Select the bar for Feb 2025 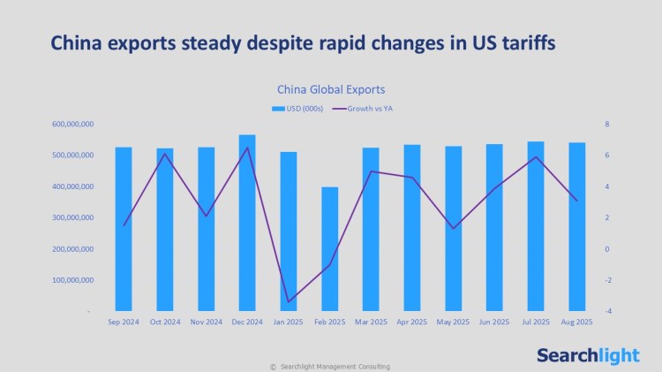tap(329, 249)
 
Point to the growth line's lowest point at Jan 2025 tap(288, 302)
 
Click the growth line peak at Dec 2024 tap(247, 148)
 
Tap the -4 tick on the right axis tap(607, 312)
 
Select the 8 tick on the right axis tap(607, 125)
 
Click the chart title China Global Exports tap(331, 89)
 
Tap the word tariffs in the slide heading tap(523, 43)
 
